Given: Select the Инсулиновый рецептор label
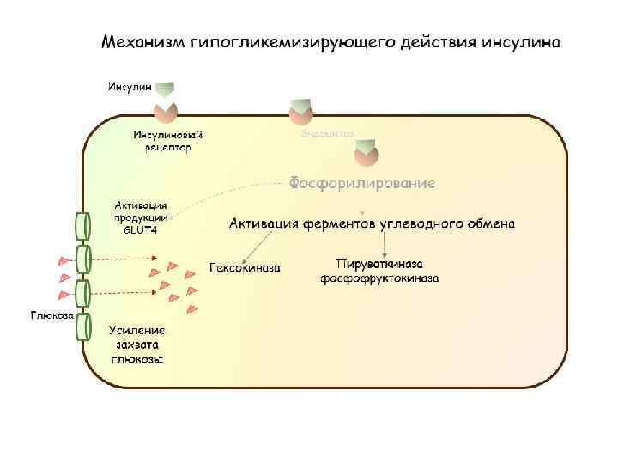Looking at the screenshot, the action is point(168,141).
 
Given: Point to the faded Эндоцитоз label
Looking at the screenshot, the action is point(327,134).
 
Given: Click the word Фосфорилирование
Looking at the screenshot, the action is point(361,183).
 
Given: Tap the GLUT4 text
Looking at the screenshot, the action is point(141,229).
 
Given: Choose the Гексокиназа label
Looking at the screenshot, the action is point(245,267).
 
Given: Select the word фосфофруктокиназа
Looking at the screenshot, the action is point(380,278).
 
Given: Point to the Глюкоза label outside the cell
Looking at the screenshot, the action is point(52,315).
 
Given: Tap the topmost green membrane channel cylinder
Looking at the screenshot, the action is point(82,226).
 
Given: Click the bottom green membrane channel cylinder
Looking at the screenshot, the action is point(83,327).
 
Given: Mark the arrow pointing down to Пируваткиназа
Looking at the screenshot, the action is point(383,244).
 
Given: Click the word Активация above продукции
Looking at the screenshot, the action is point(141,206).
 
